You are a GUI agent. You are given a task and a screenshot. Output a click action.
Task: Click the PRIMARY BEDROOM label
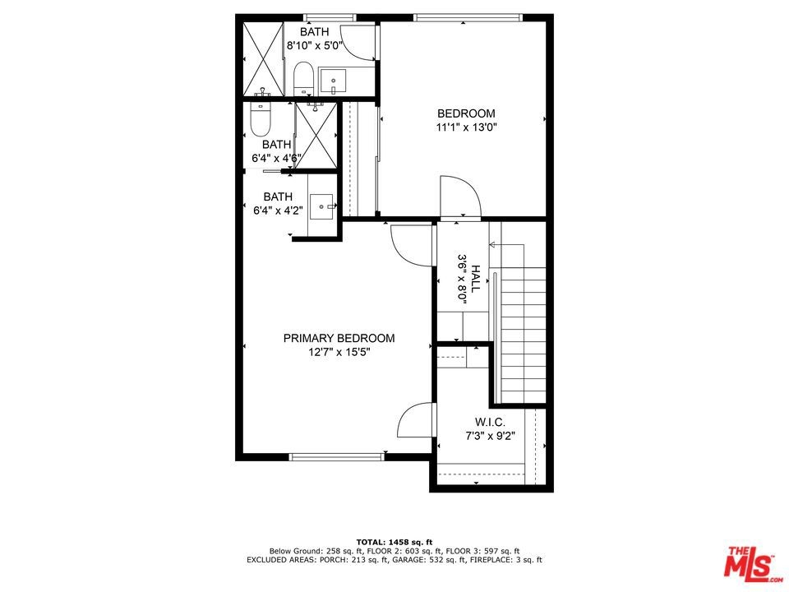tap(339, 338)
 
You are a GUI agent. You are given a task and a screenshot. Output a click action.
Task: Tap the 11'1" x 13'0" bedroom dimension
tap(466, 127)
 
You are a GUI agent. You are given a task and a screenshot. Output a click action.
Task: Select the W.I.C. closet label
tap(490, 422)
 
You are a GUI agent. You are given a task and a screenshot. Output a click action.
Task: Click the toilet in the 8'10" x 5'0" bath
tap(303, 78)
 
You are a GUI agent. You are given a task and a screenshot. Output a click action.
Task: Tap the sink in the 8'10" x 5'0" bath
tap(333, 81)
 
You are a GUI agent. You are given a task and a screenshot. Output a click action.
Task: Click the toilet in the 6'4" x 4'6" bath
tap(261, 119)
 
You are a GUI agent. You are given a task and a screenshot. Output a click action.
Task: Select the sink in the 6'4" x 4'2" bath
tap(321, 206)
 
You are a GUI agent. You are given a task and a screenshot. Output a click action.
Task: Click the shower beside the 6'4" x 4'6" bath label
tap(316, 135)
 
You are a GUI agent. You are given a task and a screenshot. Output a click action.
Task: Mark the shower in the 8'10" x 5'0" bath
tap(263, 58)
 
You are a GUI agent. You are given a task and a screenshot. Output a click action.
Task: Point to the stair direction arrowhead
tap(492, 245)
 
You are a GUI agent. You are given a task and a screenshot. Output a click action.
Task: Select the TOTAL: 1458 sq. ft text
tap(394, 542)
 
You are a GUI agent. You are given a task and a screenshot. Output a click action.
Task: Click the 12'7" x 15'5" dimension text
tap(339, 353)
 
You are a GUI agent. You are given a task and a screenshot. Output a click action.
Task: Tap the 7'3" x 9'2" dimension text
tap(490, 436)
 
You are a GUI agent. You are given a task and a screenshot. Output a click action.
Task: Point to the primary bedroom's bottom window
tap(337, 457)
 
